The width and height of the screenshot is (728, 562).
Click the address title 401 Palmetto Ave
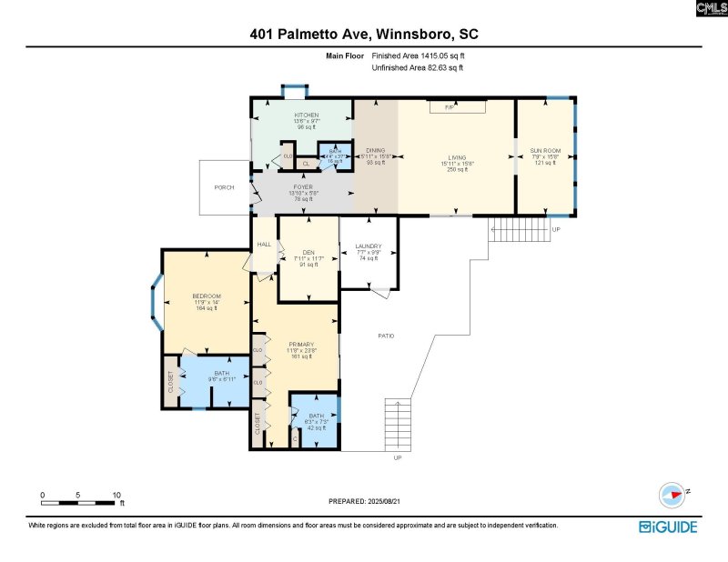364,35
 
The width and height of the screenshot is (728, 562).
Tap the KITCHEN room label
306,115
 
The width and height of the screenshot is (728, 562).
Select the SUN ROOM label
546,150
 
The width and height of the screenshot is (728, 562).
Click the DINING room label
375,150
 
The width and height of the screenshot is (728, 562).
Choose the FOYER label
303,186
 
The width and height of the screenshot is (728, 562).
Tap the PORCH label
224,187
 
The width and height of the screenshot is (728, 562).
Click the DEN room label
308,253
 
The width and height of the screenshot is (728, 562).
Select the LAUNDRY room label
368,246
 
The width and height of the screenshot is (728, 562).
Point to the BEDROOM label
207,296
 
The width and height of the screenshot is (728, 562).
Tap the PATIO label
386,336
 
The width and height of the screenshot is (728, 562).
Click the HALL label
264,245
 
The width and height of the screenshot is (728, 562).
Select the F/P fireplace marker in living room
449,107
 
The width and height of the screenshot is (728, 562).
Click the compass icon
671,494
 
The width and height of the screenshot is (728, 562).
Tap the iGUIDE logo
668,527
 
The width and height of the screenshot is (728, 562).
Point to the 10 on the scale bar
116,495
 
